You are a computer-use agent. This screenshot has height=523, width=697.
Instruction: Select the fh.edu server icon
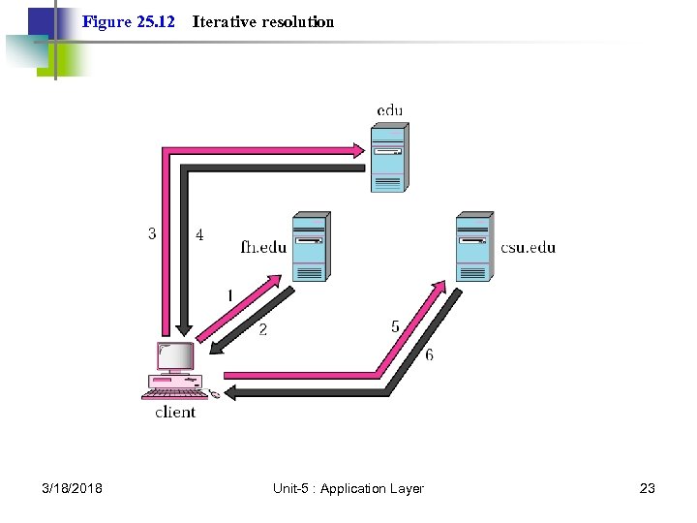(x=310, y=247)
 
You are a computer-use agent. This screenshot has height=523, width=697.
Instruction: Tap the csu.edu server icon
(x=474, y=247)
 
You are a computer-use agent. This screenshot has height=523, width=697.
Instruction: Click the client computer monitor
(x=175, y=358)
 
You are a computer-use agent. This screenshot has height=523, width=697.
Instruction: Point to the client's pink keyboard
(x=174, y=392)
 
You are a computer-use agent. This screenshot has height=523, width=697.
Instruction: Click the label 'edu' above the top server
(x=390, y=110)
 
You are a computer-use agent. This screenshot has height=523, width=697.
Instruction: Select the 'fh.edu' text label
(x=263, y=247)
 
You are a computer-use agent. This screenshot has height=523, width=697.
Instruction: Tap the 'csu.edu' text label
(x=529, y=247)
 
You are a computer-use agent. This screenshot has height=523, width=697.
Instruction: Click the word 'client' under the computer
(x=175, y=413)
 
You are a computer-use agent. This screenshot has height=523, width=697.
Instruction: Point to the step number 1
(x=229, y=294)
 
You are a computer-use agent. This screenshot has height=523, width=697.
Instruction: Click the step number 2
(x=262, y=329)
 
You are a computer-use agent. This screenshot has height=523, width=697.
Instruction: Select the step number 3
(x=152, y=233)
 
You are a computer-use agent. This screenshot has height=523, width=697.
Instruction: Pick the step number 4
(x=199, y=234)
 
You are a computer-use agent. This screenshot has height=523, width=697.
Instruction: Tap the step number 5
(x=395, y=326)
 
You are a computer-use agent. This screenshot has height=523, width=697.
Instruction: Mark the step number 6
(x=429, y=354)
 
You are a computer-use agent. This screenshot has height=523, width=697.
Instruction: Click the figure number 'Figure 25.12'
(x=129, y=21)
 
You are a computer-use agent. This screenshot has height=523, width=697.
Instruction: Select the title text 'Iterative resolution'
(x=263, y=21)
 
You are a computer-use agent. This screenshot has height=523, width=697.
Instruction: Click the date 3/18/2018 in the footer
(x=73, y=488)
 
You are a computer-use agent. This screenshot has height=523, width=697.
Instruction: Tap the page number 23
(x=648, y=488)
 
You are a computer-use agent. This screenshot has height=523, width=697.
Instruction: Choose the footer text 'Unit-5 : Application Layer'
(x=348, y=488)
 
